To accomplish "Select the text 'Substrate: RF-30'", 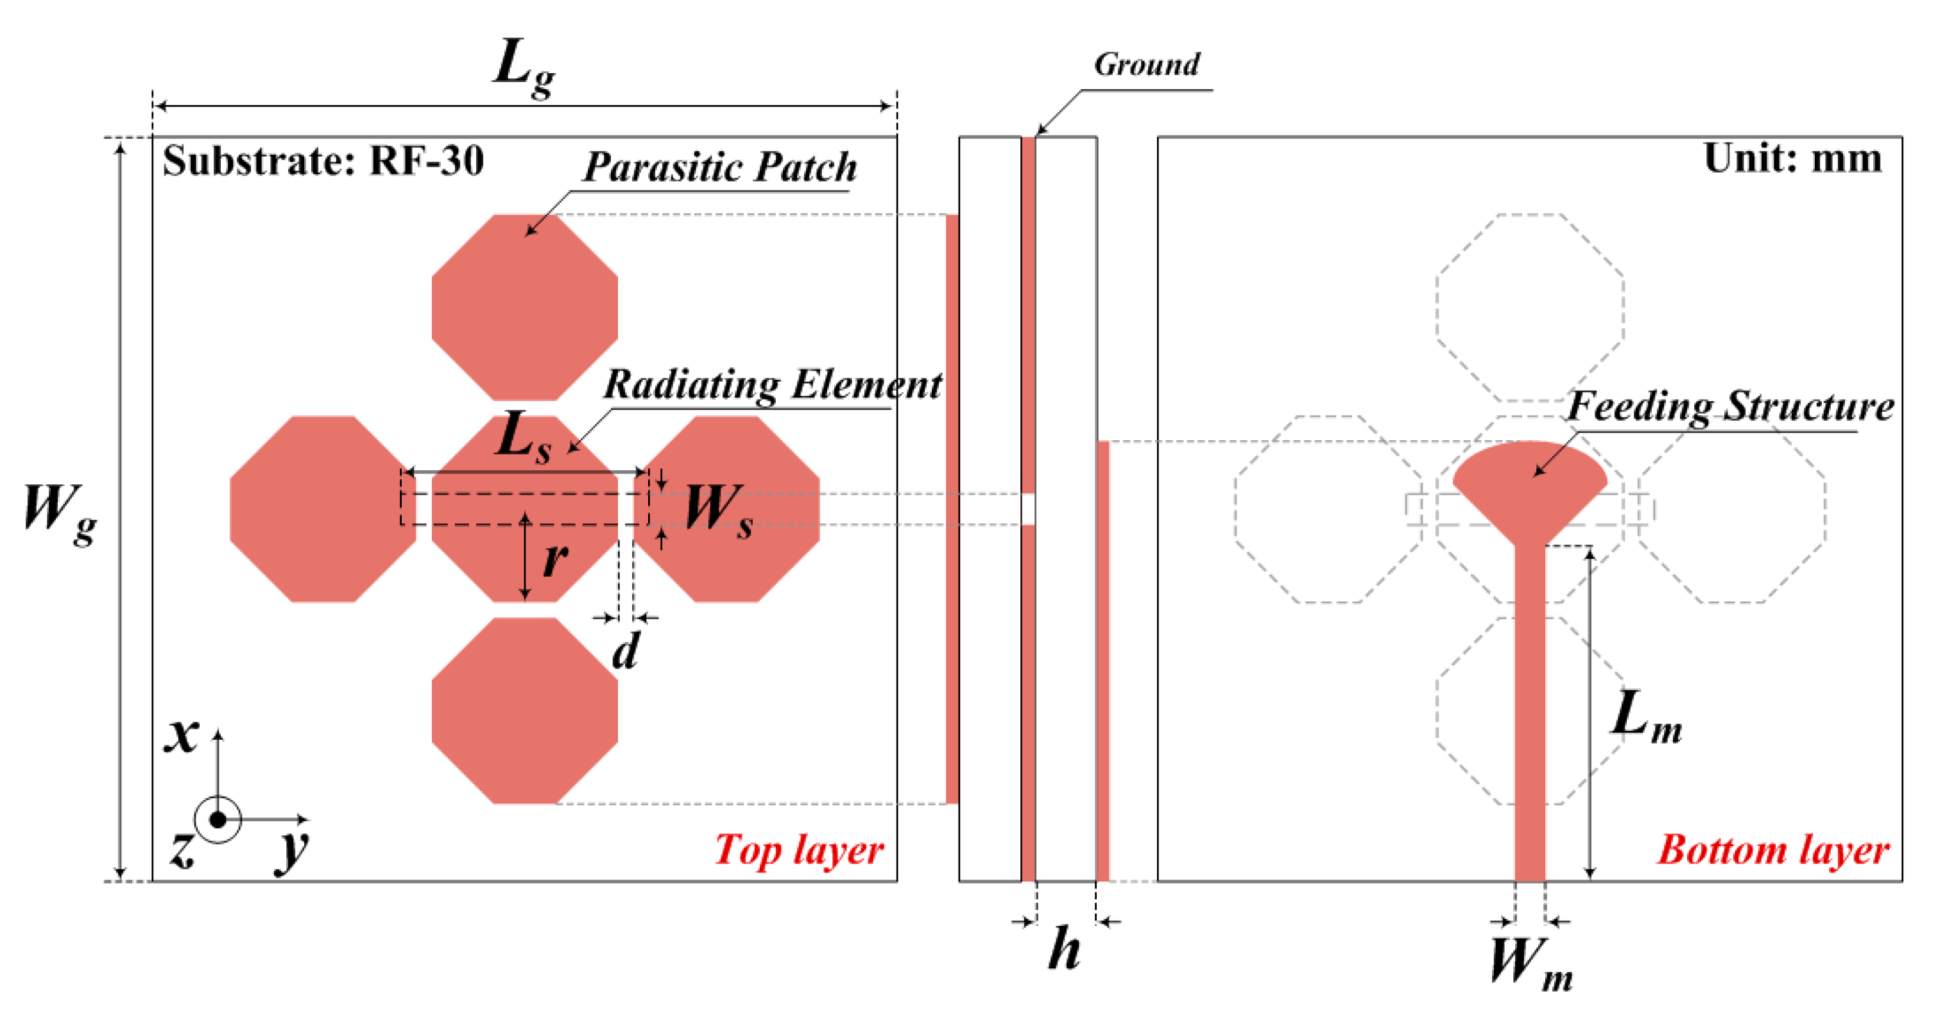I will click(323, 160).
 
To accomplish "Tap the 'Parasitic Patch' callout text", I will click(720, 167).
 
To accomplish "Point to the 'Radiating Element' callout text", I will click(772, 384).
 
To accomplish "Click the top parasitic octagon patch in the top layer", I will click(524, 307).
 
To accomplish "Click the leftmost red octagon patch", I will click(322, 509).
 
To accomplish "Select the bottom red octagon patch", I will click(524, 710).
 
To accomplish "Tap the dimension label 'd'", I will click(625, 651).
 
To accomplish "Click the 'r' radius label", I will click(554, 558).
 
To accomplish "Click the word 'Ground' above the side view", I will click(1147, 65).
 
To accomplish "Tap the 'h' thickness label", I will click(1065, 949).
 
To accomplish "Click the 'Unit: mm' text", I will click(1792, 158).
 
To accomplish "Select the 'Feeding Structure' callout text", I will click(1730, 407).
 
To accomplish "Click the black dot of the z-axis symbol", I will click(218, 819).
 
